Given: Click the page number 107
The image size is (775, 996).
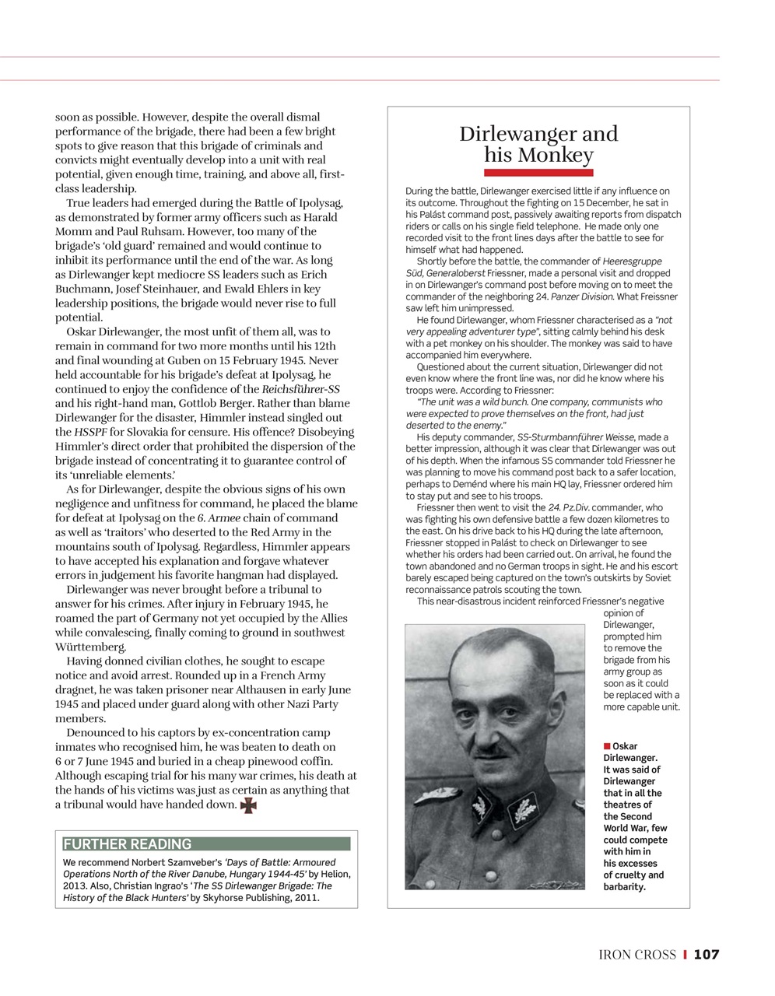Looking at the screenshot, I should click(x=707, y=955).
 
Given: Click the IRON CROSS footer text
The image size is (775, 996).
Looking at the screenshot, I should click(x=637, y=955).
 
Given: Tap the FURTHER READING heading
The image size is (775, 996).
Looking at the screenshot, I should click(x=127, y=844).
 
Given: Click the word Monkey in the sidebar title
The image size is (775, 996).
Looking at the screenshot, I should click(x=556, y=155).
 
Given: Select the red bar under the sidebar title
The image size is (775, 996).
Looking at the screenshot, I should click(x=538, y=173).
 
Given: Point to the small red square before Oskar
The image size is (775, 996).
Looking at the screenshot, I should click(x=607, y=747).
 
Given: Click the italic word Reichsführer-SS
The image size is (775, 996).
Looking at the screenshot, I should click(x=300, y=389).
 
